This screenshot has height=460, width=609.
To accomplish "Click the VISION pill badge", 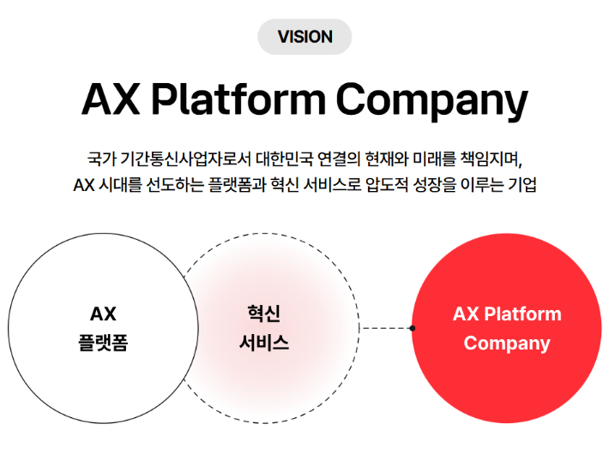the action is tap(304, 37).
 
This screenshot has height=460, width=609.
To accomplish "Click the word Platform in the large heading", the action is tap(238, 99).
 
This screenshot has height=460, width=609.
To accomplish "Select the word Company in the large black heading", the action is tap(432, 102).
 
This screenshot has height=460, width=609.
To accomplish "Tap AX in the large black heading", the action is tap(111, 99).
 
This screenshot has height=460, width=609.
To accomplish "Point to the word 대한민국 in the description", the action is tap(284, 159).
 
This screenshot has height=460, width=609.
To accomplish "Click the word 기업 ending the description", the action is tap(522, 185).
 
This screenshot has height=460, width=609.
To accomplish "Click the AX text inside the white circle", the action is tap(103, 314).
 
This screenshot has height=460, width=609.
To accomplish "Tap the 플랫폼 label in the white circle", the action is tap(103, 343).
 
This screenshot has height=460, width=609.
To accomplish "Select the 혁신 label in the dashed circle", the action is tap(264, 314).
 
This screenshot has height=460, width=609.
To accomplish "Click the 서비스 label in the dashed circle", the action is tap(264, 343).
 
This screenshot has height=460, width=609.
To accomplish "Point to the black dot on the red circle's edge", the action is tap(413, 329).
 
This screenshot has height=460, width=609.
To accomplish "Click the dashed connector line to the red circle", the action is tap(386, 329).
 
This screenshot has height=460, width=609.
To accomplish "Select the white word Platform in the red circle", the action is tap(522, 314).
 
